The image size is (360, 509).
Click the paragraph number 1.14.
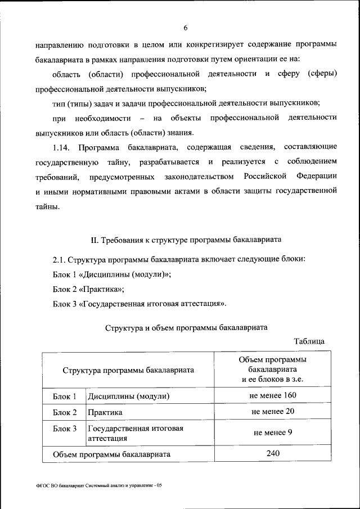[62, 147]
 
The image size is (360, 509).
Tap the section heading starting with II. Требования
[186, 240]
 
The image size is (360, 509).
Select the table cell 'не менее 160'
[273, 395]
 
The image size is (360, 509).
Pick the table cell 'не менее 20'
[273, 412]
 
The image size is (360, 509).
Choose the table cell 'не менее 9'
[273, 433]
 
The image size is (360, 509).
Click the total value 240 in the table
[273, 453]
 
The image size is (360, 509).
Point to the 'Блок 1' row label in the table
[65, 396]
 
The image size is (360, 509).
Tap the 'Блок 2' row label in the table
[65, 412]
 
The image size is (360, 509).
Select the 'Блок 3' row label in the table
[65, 429]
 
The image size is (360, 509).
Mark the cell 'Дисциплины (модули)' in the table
[129, 396]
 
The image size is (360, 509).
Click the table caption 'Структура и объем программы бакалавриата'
[186, 326]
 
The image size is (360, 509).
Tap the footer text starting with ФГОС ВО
[98, 484]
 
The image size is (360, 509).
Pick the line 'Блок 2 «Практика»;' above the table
[88, 289]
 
